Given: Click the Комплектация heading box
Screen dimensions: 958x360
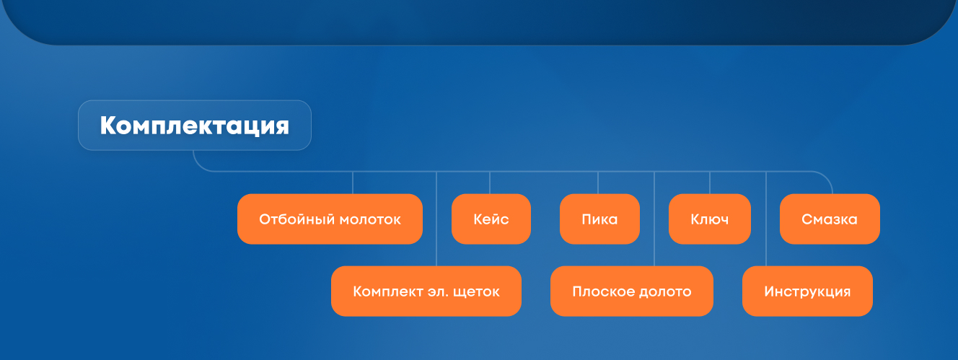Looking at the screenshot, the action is pos(195,126).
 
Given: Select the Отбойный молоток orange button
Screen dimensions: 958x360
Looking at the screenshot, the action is pos(330,219).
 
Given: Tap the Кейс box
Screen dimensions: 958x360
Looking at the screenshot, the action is pos(491,219).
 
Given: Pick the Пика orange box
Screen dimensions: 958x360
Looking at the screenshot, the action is pos(599,219).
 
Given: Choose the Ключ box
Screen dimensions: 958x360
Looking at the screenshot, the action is pos(710,219).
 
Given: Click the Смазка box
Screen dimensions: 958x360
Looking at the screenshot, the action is pos(830,219).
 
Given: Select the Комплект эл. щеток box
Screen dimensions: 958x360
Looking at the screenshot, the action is pos(426,291).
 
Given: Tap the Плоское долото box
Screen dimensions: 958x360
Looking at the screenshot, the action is pos(632,291).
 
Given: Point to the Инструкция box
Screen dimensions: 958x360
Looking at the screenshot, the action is pos(807,291).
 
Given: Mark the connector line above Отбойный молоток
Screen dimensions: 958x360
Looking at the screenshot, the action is pos(353,183).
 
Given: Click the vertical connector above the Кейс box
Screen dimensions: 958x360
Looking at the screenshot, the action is pos(490,183).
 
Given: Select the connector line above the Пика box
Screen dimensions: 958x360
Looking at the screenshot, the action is pos(598,183).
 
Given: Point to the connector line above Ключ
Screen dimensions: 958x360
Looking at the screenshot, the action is pos(710,183).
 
